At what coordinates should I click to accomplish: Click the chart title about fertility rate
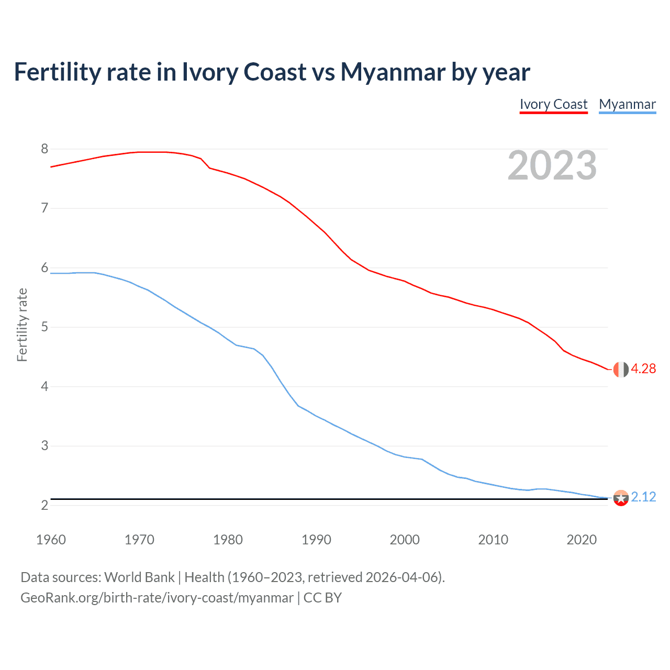point(272,72)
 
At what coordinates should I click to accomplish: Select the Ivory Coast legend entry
point(553,104)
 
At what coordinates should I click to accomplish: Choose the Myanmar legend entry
point(627,104)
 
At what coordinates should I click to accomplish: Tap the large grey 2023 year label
point(552,165)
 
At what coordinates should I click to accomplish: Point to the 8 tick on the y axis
point(44,149)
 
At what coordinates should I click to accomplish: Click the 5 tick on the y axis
point(44,327)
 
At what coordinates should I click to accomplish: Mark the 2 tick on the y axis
point(44,505)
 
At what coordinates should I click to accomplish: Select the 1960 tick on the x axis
point(51,540)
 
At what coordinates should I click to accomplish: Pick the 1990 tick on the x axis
point(316,540)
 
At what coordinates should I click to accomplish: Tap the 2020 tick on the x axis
point(582,540)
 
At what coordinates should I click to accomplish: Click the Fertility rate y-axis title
point(22,325)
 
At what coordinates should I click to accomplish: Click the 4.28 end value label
point(643,369)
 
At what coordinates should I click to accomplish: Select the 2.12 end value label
point(643,497)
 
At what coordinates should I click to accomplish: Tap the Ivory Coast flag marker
point(620,369)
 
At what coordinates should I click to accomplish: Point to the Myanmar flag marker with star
point(620,498)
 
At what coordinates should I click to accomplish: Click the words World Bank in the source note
point(139,577)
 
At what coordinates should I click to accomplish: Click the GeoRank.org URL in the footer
point(157,598)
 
